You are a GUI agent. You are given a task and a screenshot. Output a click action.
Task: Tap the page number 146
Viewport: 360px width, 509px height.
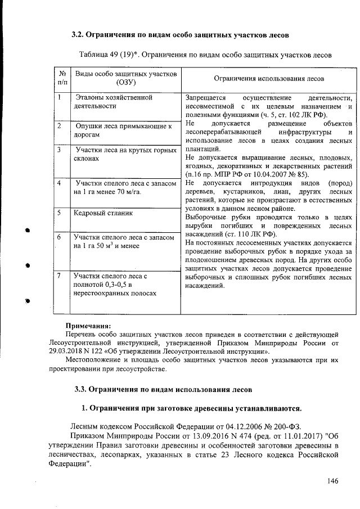tap(333, 481)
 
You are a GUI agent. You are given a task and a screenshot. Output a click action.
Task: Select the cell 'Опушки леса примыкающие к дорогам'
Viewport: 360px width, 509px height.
tap(123, 130)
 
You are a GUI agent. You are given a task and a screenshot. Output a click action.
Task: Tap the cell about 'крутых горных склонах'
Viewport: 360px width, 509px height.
tap(120, 154)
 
